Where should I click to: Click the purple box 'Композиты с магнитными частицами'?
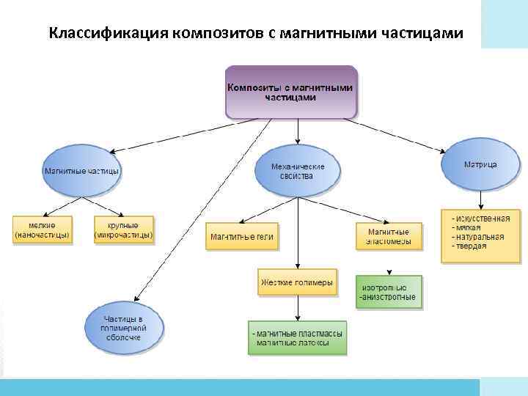[x=290, y=92]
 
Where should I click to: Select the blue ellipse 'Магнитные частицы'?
[x=81, y=171]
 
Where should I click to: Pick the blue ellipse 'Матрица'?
[x=480, y=165]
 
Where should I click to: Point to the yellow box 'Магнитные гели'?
[x=242, y=237]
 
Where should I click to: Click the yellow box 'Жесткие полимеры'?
[x=297, y=282]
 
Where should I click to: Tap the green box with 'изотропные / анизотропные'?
[x=389, y=292]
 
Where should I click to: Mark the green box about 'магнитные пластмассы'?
[x=297, y=338]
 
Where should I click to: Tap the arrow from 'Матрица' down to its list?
[x=480, y=199]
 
